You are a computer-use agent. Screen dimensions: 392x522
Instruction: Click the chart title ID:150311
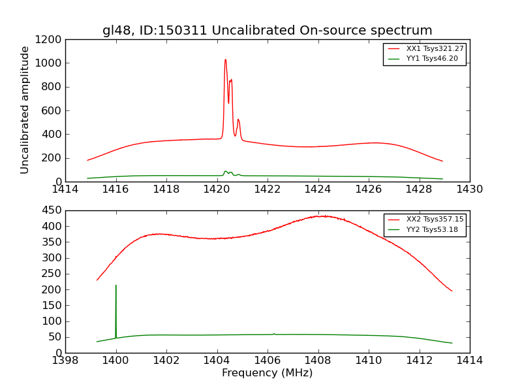click(267, 31)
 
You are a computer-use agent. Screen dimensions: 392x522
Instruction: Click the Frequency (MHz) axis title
click(267, 373)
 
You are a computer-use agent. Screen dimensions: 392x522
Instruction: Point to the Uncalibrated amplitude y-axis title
click(25, 110)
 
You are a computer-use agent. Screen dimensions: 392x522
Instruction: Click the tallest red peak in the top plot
click(226, 60)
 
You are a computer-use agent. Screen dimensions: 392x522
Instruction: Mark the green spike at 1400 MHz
click(116, 286)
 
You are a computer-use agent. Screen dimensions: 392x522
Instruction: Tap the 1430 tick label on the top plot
click(469, 189)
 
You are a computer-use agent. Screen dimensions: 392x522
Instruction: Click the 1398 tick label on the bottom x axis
click(65, 361)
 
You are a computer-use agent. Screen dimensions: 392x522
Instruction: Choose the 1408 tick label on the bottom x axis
click(318, 361)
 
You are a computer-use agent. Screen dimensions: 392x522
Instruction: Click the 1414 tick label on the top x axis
click(65, 189)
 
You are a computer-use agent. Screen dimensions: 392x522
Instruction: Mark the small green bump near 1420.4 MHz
click(226, 171)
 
